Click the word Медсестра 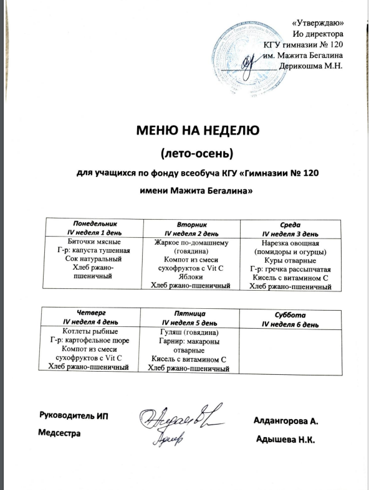point(60,433)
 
